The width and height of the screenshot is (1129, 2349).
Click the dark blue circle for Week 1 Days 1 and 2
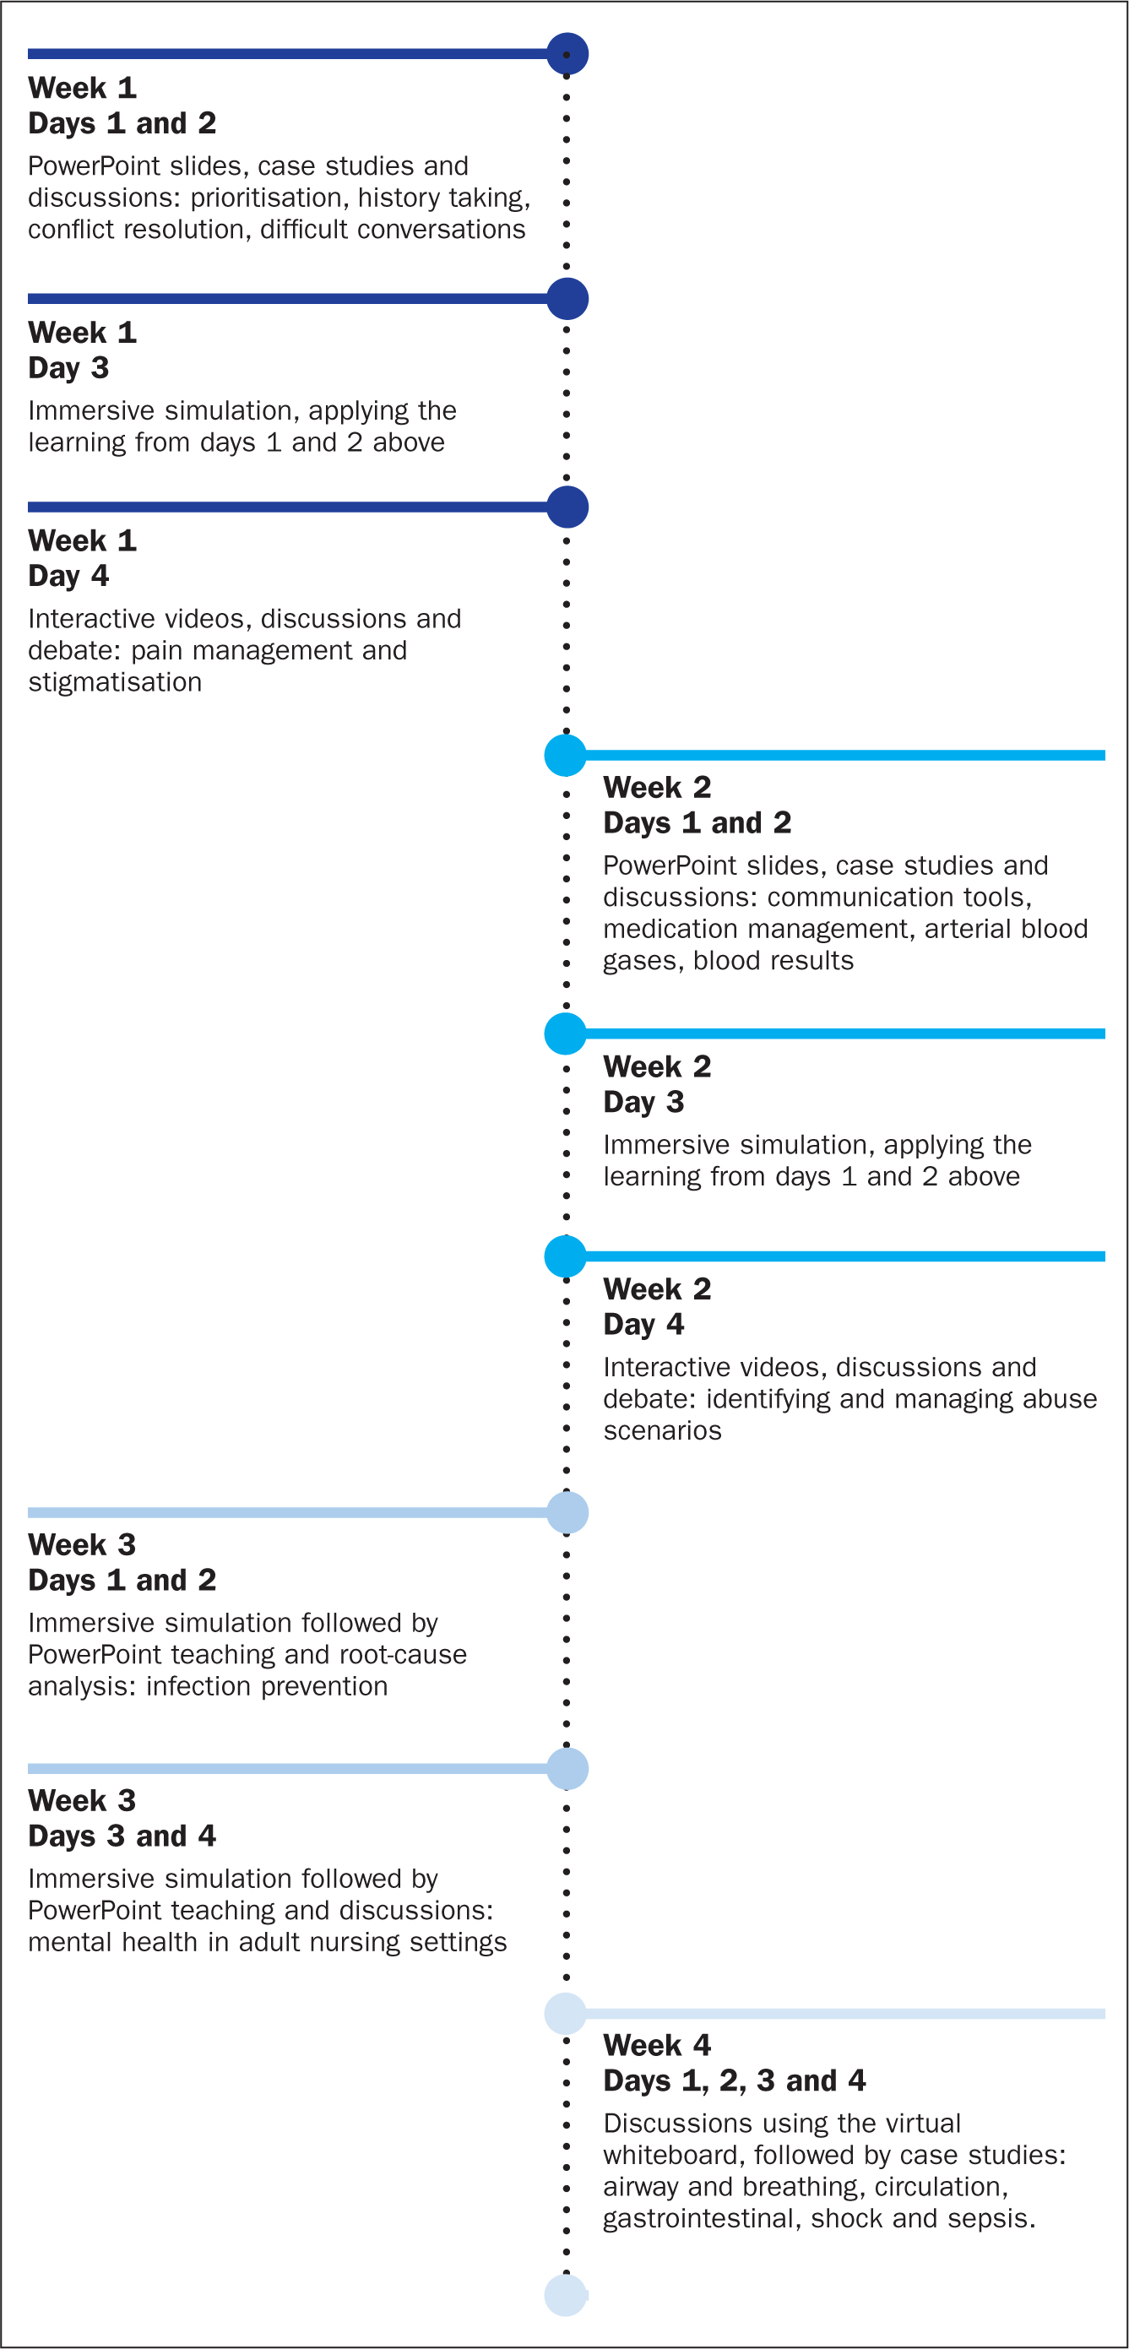click(x=567, y=54)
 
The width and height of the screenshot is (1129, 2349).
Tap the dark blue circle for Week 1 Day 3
click(x=567, y=299)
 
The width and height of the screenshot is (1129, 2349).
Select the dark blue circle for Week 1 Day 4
click(x=567, y=507)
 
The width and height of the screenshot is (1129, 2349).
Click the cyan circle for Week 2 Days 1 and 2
click(x=566, y=755)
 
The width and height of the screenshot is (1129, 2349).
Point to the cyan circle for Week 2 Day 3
click(x=566, y=1034)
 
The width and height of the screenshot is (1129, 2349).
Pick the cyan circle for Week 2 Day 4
click(x=566, y=1256)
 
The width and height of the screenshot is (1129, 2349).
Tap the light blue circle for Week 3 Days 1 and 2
click(x=567, y=1513)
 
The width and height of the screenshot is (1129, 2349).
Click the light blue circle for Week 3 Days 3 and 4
click(x=567, y=1769)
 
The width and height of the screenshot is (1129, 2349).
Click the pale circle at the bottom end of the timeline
click(x=566, y=2295)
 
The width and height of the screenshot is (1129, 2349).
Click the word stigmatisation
click(x=115, y=683)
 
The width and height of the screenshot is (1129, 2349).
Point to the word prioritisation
click(x=266, y=198)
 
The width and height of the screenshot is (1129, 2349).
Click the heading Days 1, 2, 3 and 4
click(x=734, y=2080)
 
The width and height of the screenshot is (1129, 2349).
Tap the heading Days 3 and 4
click(x=122, y=1836)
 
